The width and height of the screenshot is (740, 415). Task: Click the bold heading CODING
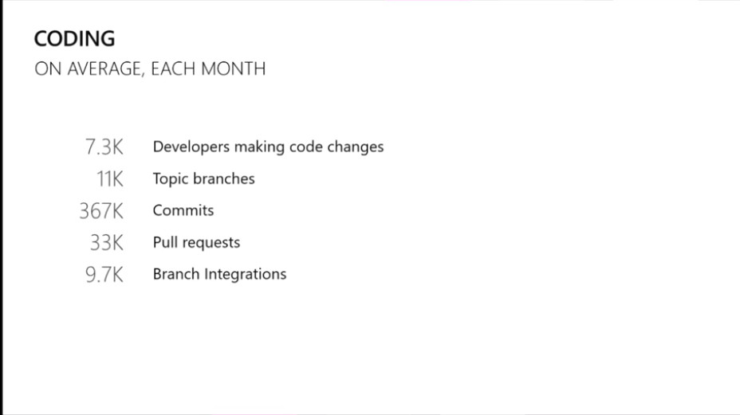[x=75, y=39]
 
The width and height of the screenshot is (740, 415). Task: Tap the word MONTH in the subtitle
[x=234, y=69]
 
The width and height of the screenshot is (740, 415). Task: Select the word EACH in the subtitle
[x=173, y=69]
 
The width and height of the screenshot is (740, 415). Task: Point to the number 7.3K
[x=104, y=147]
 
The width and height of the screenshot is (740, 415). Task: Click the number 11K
[x=109, y=179]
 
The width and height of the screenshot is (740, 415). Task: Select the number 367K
[x=101, y=211]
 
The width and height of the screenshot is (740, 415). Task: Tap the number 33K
[x=106, y=243]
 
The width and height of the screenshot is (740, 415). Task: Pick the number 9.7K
[x=104, y=275]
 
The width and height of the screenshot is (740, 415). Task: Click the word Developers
[x=191, y=147]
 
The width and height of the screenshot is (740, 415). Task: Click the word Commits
[x=183, y=210]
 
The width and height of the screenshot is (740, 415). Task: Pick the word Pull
[x=165, y=242]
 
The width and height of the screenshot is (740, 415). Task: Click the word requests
[x=211, y=243]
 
